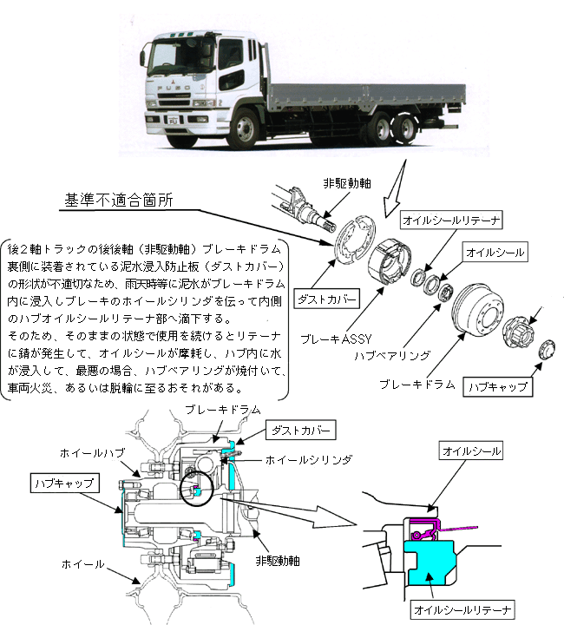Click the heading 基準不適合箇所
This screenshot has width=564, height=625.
point(119,199)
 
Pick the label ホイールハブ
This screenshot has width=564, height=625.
point(86,453)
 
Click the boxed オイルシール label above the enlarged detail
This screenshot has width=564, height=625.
point(471,451)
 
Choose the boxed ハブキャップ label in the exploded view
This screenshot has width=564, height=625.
point(498,386)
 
